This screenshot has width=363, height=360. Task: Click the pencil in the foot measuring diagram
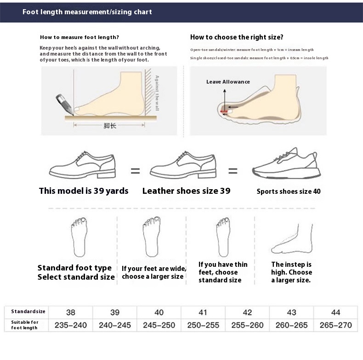[x=65, y=104]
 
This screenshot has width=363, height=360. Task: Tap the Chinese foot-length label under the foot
[x=110, y=126]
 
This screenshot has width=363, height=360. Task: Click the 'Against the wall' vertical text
[x=157, y=93]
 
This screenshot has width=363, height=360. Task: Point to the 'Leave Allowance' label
[x=228, y=82]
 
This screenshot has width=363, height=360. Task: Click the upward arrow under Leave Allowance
[x=224, y=99]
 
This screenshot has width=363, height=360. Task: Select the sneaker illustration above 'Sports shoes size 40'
[x=286, y=163]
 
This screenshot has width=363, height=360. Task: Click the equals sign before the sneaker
[x=233, y=171]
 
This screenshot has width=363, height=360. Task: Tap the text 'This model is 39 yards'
[x=84, y=191]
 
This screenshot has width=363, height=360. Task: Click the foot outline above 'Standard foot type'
[x=79, y=237]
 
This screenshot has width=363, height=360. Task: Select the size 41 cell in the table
[x=203, y=312]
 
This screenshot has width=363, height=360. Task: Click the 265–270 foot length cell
[x=336, y=325]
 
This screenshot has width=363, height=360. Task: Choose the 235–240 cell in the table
[x=71, y=325]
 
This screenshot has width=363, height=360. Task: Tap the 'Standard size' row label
[x=28, y=311]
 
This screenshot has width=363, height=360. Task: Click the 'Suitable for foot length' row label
[x=25, y=325]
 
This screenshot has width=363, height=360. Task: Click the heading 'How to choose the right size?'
[x=237, y=37]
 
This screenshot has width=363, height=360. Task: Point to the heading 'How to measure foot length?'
[x=79, y=37]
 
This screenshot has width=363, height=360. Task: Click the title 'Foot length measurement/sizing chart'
[x=87, y=12]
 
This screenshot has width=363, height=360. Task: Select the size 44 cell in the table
[x=336, y=312]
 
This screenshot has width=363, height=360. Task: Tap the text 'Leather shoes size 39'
[x=187, y=191]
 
